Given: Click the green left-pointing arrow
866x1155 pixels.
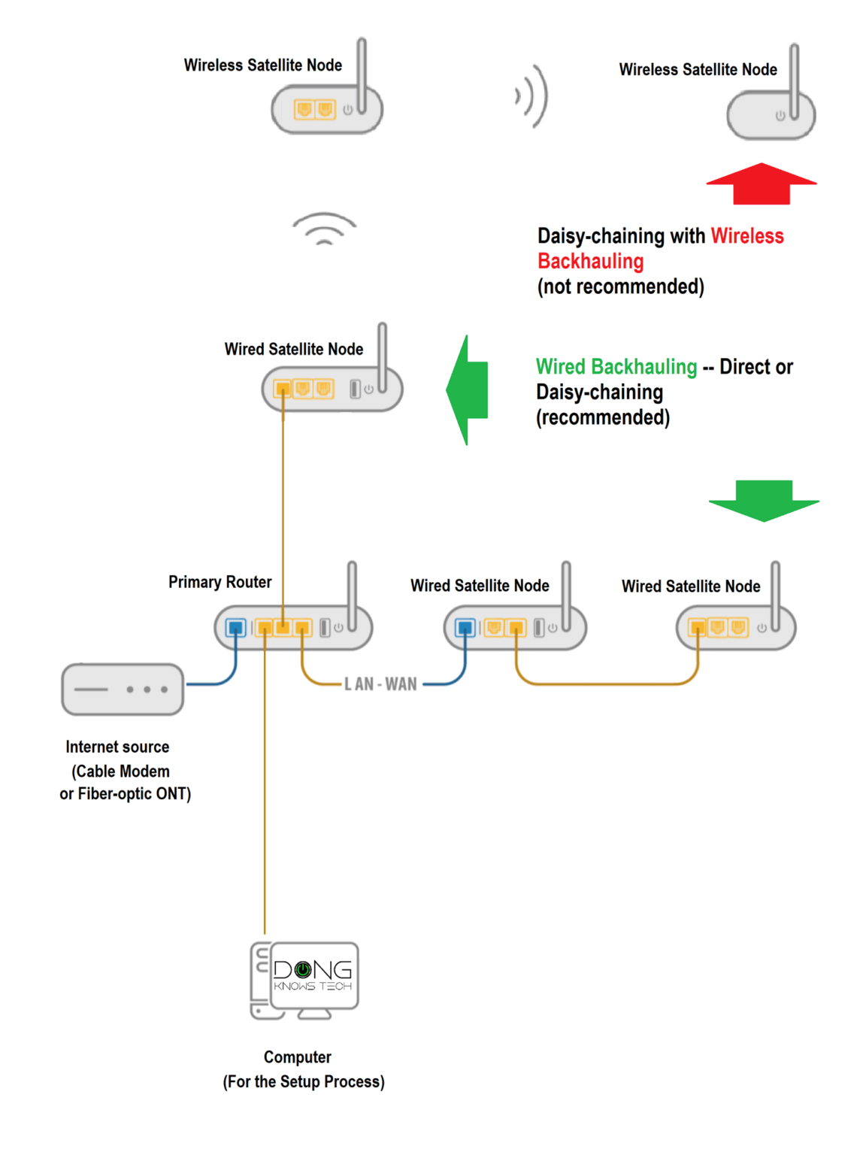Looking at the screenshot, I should coord(470,390).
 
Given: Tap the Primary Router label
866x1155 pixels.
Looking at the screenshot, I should coord(220,582).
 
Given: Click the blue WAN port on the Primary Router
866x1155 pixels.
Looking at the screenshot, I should coord(236,627).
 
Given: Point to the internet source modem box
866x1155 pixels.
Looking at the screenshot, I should coord(123,689).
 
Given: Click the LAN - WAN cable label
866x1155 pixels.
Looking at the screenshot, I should coord(380,684).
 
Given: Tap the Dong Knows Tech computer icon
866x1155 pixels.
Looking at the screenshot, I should coord(305,980).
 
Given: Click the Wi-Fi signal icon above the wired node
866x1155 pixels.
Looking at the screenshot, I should coord(324,229).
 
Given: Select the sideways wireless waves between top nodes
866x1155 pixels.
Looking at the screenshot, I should coord(532,96).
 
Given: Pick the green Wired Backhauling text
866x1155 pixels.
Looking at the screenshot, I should coord(616,367).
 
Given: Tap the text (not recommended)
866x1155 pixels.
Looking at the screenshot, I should coord(620,286).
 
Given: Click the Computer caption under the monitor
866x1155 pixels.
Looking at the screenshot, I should coord(298,1057).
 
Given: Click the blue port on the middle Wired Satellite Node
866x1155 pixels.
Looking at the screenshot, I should coord(465,627).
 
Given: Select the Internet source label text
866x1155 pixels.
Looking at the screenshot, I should coord(117,747).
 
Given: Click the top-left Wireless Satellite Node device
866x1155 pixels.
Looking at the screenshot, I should coord(327,110).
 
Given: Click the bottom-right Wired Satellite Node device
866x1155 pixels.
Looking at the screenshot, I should coord(735,628).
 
